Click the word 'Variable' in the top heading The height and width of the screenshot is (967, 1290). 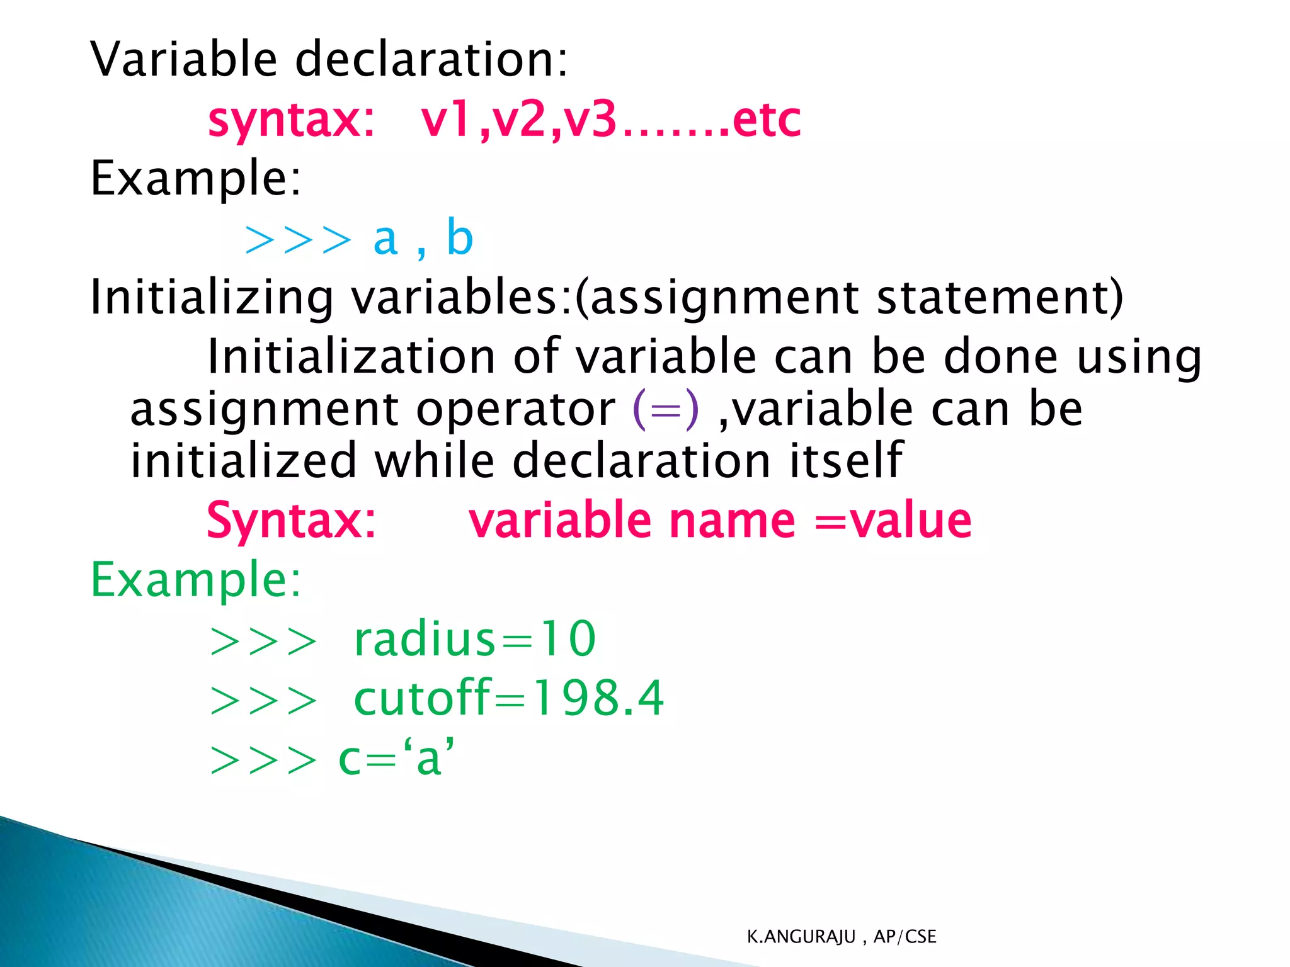183,59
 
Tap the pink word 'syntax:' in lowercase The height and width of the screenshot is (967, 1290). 291,120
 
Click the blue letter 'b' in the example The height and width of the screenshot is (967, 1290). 459,238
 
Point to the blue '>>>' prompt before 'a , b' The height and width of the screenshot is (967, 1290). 297,240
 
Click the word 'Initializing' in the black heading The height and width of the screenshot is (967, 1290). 212,297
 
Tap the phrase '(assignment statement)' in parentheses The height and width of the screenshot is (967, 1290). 849,297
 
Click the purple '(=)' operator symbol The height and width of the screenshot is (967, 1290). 666,409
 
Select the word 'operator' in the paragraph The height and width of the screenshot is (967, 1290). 515,410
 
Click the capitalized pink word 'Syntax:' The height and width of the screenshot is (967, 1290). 291,521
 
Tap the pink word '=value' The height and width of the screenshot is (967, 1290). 893,521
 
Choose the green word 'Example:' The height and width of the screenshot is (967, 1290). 196,580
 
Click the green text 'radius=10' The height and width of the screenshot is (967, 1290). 474,639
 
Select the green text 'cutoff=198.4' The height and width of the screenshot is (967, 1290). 508,698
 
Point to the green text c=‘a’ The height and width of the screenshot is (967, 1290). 396,758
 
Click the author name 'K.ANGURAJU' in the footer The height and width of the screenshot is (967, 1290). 801,937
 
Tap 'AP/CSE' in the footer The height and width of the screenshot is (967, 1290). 905,937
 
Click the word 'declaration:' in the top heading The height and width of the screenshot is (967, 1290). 431,59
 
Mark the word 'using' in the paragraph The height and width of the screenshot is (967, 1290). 1139,358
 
